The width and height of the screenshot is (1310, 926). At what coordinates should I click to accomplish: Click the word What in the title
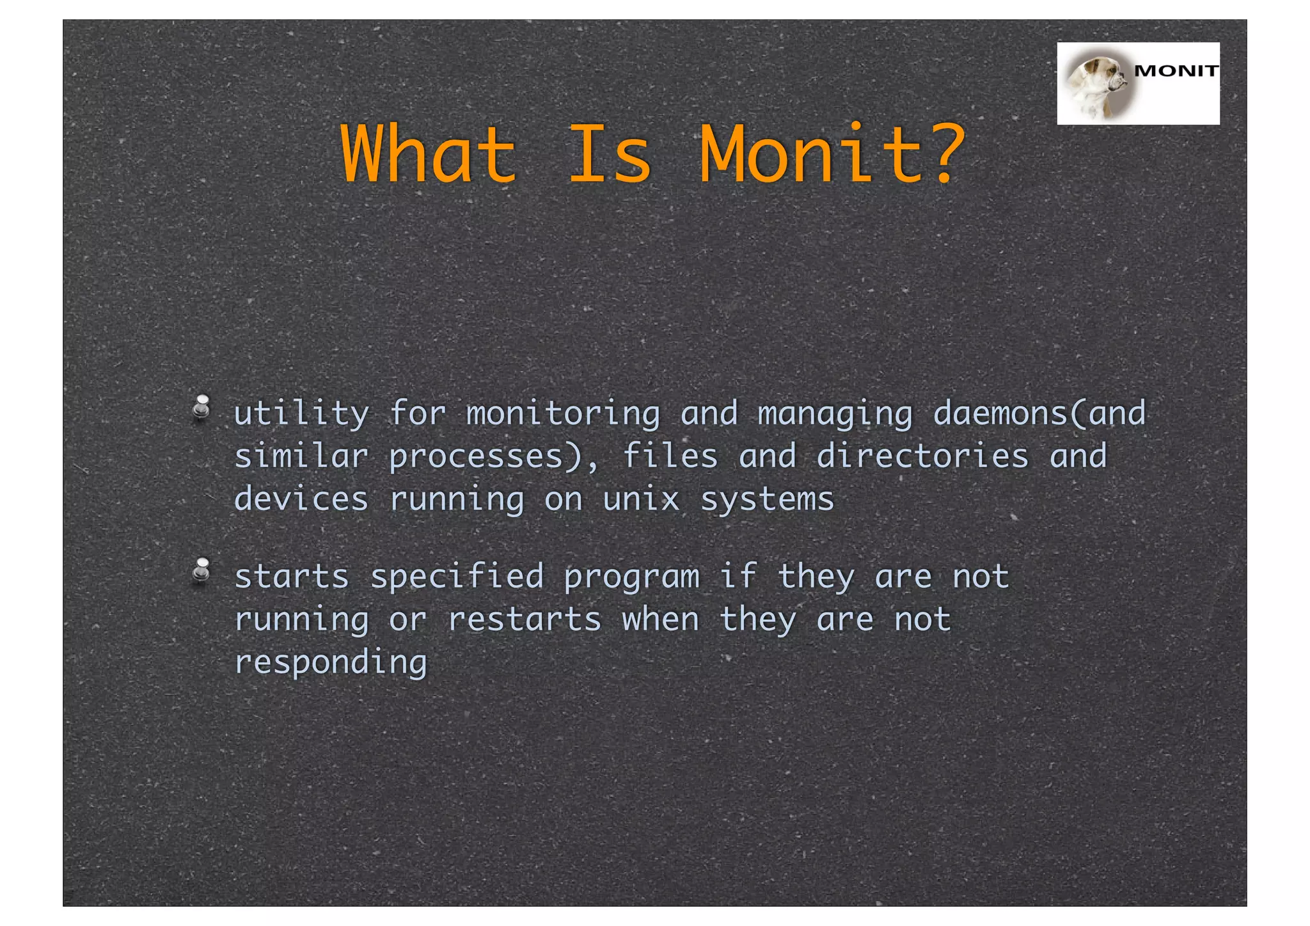click(x=428, y=154)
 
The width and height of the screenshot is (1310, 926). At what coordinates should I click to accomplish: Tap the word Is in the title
click(x=610, y=154)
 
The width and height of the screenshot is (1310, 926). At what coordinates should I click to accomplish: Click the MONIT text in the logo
click(x=1175, y=71)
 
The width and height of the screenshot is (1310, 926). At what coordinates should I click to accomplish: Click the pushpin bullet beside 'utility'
click(x=202, y=408)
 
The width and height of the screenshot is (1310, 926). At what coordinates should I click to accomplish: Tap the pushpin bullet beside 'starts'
click(x=202, y=571)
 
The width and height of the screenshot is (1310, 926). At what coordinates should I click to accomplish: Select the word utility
click(x=301, y=414)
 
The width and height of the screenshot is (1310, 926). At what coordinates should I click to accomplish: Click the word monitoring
click(x=563, y=414)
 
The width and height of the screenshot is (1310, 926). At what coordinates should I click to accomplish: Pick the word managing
click(x=835, y=414)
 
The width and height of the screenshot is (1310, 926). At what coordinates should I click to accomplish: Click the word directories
click(x=922, y=456)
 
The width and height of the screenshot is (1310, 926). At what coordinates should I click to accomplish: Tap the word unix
click(x=641, y=499)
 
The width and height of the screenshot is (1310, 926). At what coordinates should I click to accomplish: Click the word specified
click(x=457, y=577)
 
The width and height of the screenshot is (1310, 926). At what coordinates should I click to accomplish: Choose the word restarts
click(x=525, y=619)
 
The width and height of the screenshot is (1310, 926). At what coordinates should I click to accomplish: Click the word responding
click(x=331, y=663)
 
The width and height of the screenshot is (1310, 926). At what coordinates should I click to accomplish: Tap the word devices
click(x=301, y=499)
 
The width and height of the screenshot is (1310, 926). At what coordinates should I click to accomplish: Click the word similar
click(x=301, y=456)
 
